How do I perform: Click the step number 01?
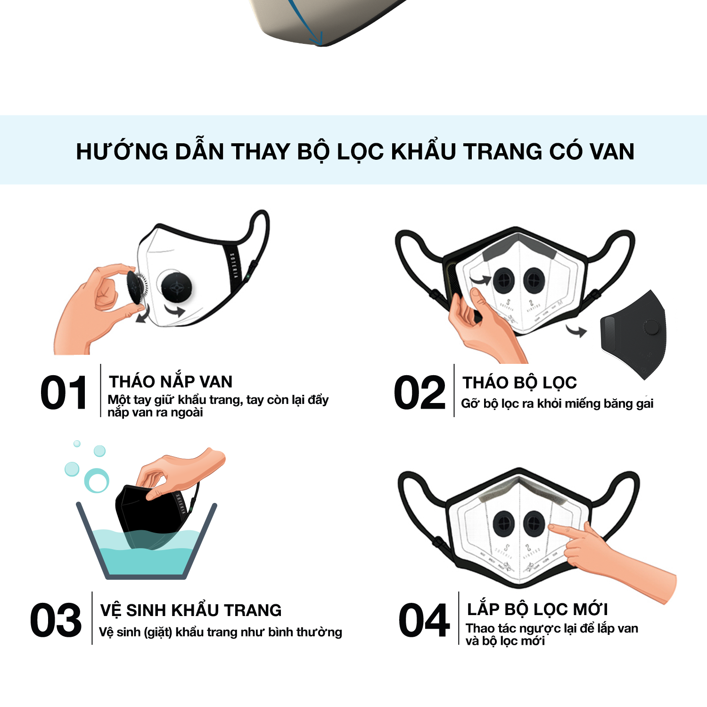tap(64, 393)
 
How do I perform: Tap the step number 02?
tap(419, 393)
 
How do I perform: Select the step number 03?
tap(56, 620)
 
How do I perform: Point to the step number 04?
tap(424, 620)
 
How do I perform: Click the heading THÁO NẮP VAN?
tap(171, 381)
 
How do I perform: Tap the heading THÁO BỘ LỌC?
tap(519, 382)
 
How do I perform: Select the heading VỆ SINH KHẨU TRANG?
tap(191, 610)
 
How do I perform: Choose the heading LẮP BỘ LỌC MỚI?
tap(537, 608)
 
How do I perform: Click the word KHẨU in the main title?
tap(424, 151)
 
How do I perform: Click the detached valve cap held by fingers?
tap(137, 288)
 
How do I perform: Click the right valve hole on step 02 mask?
tap(534, 280)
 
